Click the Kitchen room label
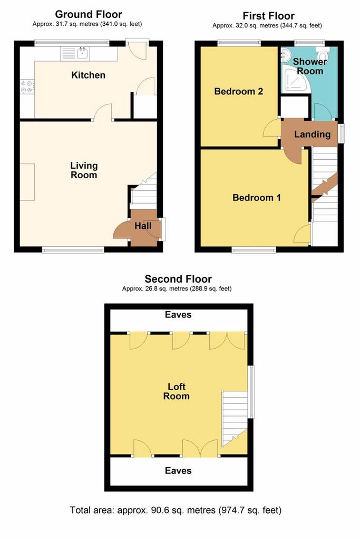point(88,75)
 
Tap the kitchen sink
point(75,54)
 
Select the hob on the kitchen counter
point(27,86)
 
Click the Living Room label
point(84,170)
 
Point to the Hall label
point(143,226)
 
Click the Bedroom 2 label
point(239,91)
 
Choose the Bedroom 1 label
point(256,197)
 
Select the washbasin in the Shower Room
point(286,55)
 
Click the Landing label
point(312,134)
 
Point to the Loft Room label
point(176,391)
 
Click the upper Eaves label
point(178,314)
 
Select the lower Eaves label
point(178,470)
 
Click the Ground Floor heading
point(89,14)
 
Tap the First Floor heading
point(268,16)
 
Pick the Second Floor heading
point(178,278)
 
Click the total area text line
point(176,510)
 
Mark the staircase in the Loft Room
point(234,418)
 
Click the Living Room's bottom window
point(73,249)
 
